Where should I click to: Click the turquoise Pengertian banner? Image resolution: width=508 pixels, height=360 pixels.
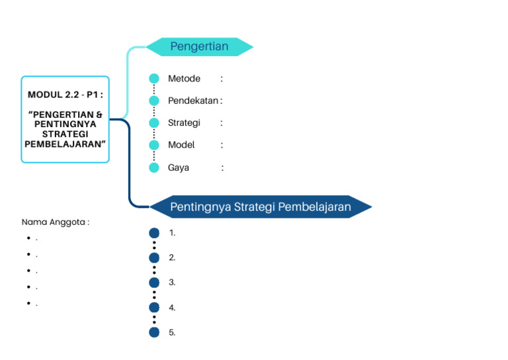pyautogui.click(x=199, y=46)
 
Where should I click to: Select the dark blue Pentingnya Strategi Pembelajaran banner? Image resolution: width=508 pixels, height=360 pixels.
pyautogui.click(x=260, y=206)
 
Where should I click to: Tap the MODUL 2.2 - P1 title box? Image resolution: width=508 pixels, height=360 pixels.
pyautogui.click(x=65, y=119)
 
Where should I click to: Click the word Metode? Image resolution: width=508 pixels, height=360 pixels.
pyautogui.click(x=184, y=79)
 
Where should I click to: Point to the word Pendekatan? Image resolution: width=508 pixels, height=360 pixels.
pyautogui.click(x=192, y=101)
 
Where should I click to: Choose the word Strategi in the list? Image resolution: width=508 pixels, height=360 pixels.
pyautogui.click(x=184, y=122)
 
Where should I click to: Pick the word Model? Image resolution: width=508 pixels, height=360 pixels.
pyautogui.click(x=181, y=145)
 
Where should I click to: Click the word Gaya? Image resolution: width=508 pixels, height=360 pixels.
pyautogui.click(x=179, y=167)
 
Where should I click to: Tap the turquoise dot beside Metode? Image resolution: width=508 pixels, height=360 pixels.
pyautogui.click(x=154, y=79)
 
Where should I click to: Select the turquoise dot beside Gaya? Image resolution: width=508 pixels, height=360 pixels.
pyautogui.click(x=154, y=167)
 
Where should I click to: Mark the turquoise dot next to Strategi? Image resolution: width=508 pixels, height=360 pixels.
pyautogui.click(x=154, y=122)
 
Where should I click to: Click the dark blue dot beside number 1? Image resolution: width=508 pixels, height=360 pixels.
pyautogui.click(x=154, y=233)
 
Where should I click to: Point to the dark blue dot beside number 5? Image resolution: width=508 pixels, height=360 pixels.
pyautogui.click(x=154, y=332)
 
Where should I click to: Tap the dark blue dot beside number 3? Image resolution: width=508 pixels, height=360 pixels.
pyautogui.click(x=154, y=283)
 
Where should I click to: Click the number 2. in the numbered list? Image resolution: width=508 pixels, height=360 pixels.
pyautogui.click(x=172, y=257)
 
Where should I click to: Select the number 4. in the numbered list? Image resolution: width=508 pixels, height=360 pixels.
pyautogui.click(x=172, y=308)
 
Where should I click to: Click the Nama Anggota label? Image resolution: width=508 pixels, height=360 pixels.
pyautogui.click(x=55, y=222)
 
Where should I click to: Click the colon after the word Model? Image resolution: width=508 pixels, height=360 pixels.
pyautogui.click(x=222, y=145)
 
